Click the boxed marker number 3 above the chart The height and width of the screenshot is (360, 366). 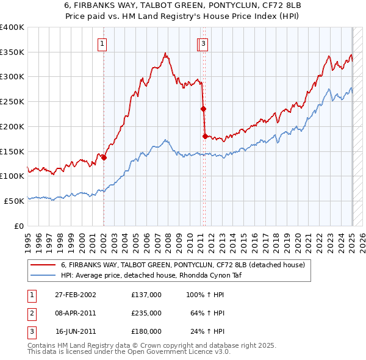[x=203, y=43]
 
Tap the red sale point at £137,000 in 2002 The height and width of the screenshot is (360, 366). [x=104, y=157]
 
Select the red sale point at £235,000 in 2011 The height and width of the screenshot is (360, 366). [x=203, y=109]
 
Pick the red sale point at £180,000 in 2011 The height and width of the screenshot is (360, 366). [x=205, y=136]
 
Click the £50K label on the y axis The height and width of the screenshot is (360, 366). [x=14, y=201]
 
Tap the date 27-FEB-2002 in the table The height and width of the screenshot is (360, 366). [x=76, y=295]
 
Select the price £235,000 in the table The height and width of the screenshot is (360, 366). [x=146, y=313]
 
